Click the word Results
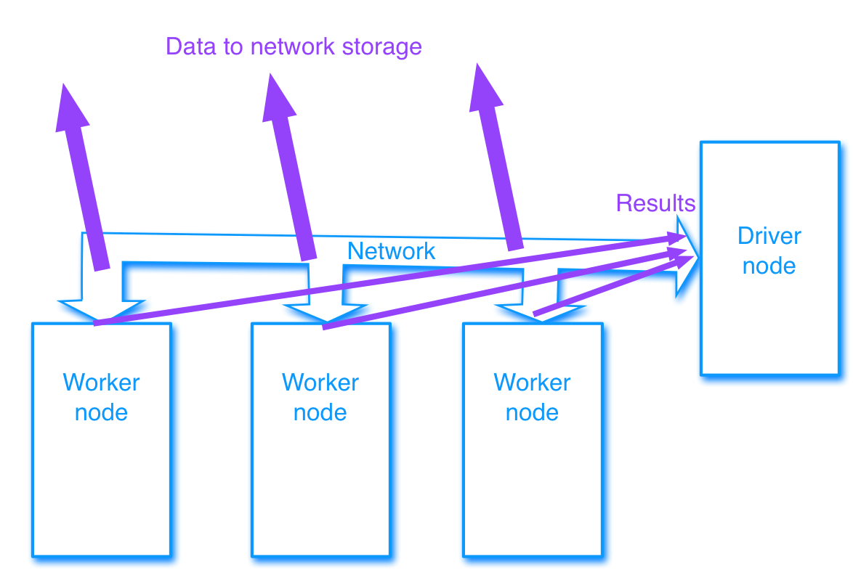[x=655, y=203]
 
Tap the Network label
[x=391, y=251]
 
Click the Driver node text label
[x=769, y=251]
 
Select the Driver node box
[x=769, y=327]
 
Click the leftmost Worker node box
[x=101, y=472]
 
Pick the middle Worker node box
[x=320, y=472]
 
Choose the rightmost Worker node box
[x=533, y=472]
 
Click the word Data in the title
[x=187, y=46]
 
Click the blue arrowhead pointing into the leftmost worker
[x=97, y=309]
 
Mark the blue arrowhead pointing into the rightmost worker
[x=526, y=311]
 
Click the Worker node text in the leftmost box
[x=101, y=397]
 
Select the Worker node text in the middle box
[x=320, y=397]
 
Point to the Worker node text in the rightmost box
[x=533, y=397]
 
